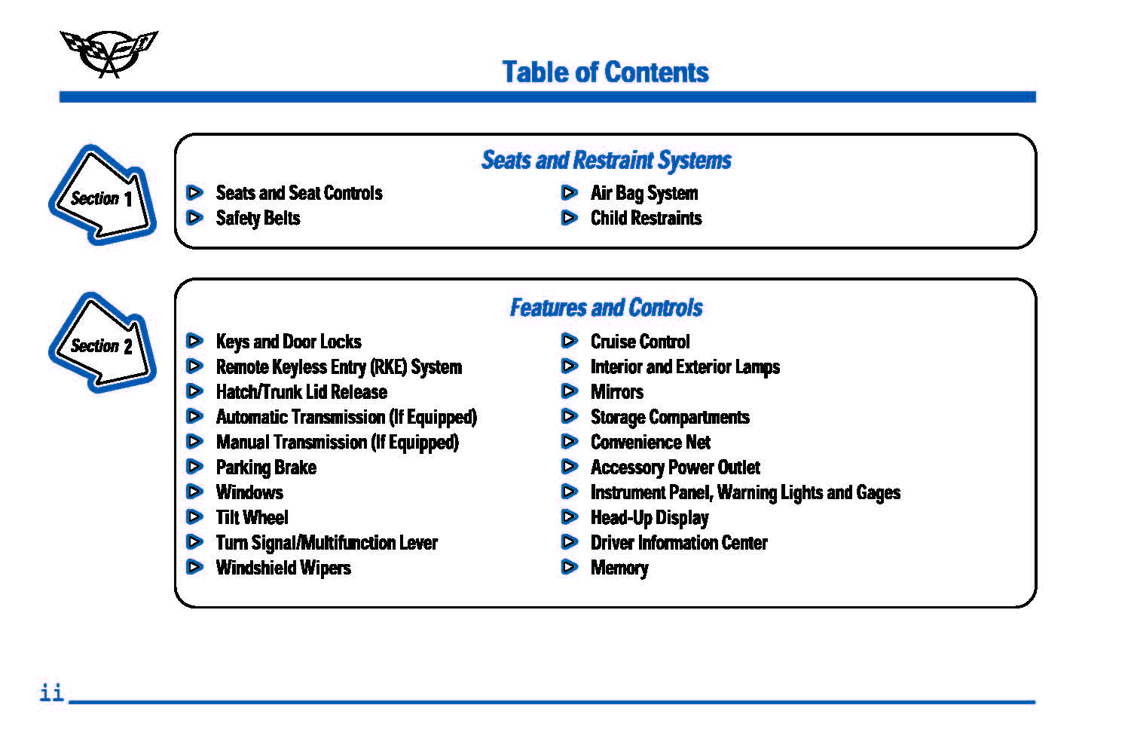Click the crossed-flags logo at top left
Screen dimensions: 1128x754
tap(109, 54)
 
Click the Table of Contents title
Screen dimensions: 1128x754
tap(605, 72)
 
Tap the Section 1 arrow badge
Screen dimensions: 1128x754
tap(102, 195)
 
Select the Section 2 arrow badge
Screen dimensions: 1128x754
tap(102, 343)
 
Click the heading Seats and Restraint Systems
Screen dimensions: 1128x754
tap(607, 161)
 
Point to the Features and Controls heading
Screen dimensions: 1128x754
tap(607, 308)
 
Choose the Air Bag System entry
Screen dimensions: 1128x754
tap(644, 194)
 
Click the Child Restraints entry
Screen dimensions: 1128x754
tap(646, 218)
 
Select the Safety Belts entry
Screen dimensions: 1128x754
tap(258, 219)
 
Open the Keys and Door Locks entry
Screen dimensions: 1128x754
tap(289, 342)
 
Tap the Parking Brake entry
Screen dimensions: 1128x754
tap(267, 467)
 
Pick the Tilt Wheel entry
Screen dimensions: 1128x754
tap(252, 517)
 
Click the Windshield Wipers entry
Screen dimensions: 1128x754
tap(283, 568)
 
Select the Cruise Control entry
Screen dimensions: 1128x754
tap(640, 342)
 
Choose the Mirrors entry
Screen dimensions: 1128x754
tap(617, 392)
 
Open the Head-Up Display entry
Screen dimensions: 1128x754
tap(650, 518)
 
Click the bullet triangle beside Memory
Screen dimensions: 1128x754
tap(569, 568)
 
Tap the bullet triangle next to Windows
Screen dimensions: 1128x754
tap(194, 492)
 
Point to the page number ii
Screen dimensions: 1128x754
tap(52, 692)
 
